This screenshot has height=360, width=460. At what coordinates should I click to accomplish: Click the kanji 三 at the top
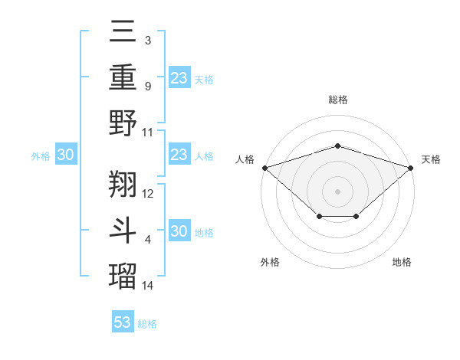[x=123, y=33]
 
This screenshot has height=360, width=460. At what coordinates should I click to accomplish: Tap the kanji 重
[x=123, y=79]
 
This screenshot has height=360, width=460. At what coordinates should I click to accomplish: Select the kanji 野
[x=123, y=124]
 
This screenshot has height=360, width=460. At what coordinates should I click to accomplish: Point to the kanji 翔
[x=123, y=185]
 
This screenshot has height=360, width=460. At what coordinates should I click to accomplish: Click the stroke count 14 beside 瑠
[x=148, y=286]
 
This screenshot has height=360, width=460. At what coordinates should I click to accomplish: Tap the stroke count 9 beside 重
[x=147, y=86]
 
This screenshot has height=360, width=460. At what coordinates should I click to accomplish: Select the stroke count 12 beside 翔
[x=148, y=193]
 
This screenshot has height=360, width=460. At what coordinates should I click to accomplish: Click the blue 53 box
[x=123, y=322]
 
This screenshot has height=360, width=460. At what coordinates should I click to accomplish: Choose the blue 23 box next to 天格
[x=179, y=77]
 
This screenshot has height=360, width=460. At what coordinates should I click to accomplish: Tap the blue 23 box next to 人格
[x=179, y=155]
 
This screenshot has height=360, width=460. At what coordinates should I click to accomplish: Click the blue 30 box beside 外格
[x=66, y=155]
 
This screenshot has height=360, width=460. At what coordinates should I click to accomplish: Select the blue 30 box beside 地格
[x=179, y=231]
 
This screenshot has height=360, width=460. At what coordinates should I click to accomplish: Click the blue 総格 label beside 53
[x=147, y=324]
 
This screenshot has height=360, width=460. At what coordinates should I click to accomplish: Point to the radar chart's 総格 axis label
[x=337, y=100]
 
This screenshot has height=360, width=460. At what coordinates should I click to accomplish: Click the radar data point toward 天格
[x=411, y=168]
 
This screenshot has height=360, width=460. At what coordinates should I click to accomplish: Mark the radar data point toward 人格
[x=264, y=168]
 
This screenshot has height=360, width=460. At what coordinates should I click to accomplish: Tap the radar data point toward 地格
[x=356, y=218]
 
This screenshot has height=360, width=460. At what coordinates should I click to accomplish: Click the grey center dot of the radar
[x=337, y=191]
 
